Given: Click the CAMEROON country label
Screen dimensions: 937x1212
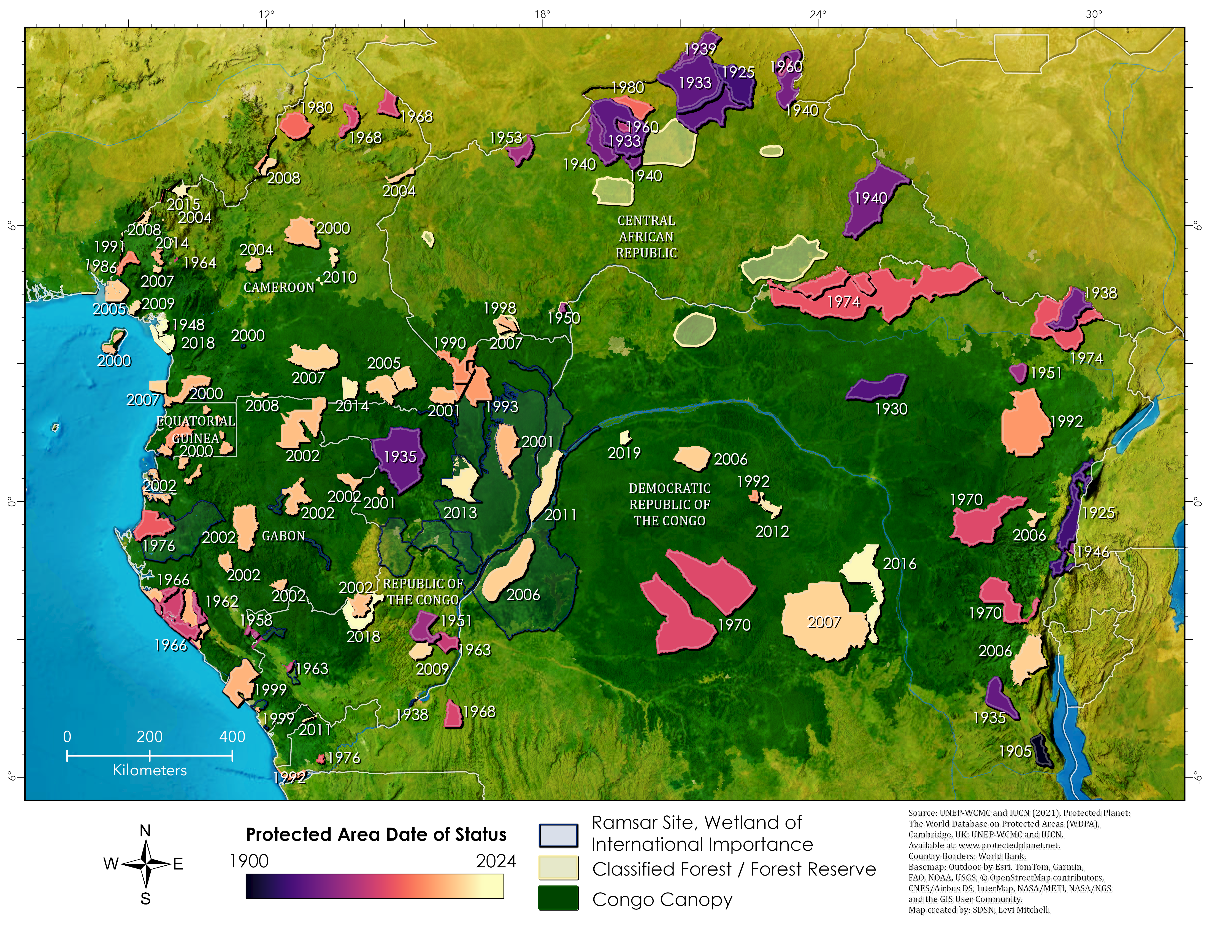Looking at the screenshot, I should click(x=278, y=287).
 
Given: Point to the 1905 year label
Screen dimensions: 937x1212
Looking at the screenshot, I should click(x=1014, y=752).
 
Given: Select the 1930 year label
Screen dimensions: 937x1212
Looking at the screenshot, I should click(x=891, y=409).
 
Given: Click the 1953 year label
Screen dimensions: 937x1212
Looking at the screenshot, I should click(x=505, y=138).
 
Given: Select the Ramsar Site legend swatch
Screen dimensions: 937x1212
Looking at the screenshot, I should click(x=558, y=835).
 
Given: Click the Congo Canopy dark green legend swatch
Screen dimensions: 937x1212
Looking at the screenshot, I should click(x=558, y=898).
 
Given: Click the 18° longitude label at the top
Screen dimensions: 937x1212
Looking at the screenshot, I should click(x=542, y=14).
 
